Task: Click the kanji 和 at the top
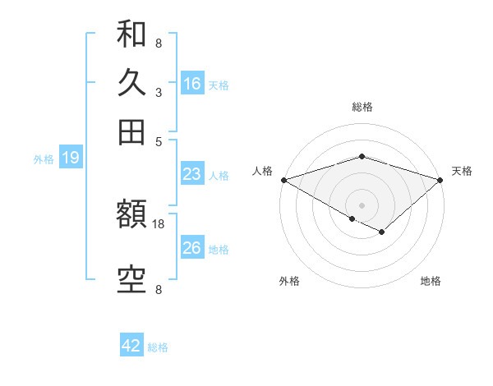pyautogui.click(x=131, y=34)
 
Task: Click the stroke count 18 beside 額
pyautogui.click(x=159, y=223)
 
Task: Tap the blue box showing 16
pyautogui.click(x=192, y=84)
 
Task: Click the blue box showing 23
pyautogui.click(x=192, y=174)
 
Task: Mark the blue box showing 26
pyautogui.click(x=192, y=248)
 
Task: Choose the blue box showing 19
pyautogui.click(x=71, y=158)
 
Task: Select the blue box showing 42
pyautogui.click(x=131, y=346)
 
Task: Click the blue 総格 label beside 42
pyautogui.click(x=158, y=347)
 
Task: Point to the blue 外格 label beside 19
pyautogui.click(x=44, y=159)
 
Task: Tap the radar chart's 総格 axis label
pyautogui.click(x=362, y=107)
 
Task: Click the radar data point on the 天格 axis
pyautogui.click(x=440, y=180)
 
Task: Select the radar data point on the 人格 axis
pyautogui.click(x=283, y=180)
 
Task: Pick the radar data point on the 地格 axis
pyautogui.click(x=381, y=232)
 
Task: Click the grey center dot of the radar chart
pyautogui.click(x=362, y=204)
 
